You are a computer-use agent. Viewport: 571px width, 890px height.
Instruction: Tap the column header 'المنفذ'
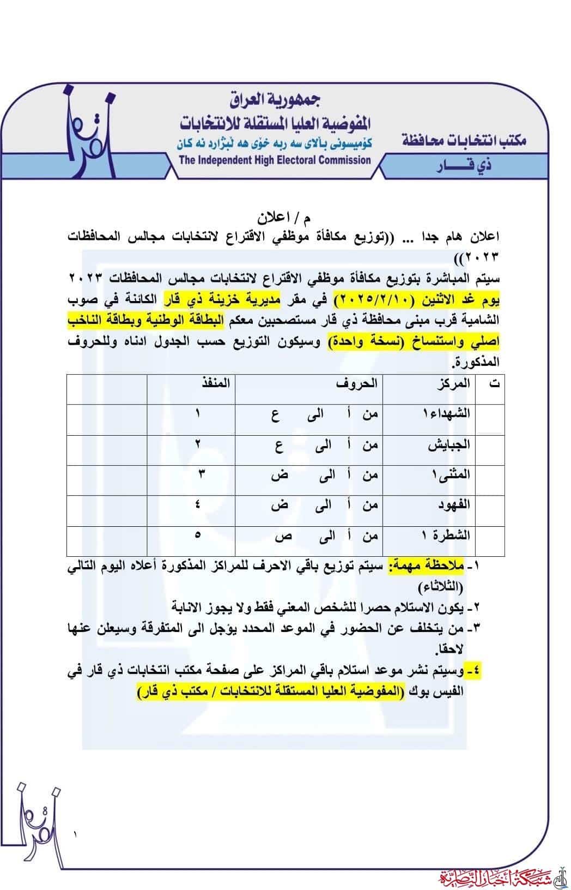[216, 383]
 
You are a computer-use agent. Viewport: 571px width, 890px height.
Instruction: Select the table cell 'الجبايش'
[448, 444]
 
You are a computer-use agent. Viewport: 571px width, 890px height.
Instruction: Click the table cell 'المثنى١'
[449, 474]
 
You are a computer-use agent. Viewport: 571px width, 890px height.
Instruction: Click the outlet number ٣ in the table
[201, 474]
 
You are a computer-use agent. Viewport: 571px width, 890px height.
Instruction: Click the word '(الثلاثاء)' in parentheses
[441, 588]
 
